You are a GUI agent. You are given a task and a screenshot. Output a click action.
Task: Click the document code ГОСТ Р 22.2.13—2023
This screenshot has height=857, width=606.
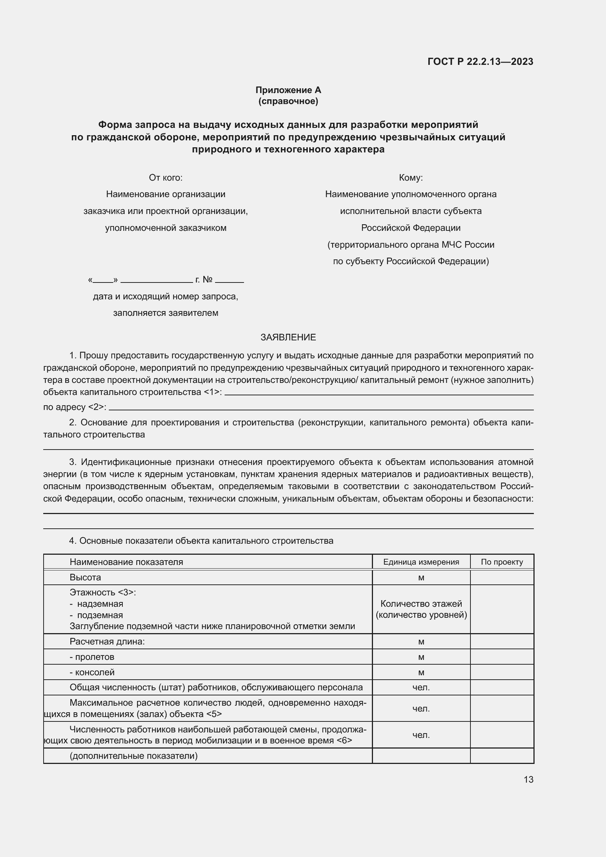[480, 62]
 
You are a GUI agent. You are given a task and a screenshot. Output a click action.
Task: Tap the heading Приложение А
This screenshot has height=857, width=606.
[288, 90]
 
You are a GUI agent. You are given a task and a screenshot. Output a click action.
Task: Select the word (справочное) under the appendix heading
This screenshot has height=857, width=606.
[288, 101]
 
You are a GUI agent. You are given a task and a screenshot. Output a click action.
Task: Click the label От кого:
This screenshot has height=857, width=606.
[166, 178]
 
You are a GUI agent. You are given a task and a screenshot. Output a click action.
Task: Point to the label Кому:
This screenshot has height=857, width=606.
[410, 178]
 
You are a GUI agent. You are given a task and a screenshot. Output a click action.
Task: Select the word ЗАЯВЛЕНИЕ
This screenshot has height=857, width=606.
[288, 337]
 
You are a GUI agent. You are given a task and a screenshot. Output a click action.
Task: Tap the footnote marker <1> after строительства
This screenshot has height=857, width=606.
[211, 392]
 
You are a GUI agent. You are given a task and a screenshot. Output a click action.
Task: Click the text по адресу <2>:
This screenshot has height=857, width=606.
[75, 407]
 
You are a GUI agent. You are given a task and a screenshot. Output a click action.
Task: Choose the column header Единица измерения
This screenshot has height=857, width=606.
[421, 562]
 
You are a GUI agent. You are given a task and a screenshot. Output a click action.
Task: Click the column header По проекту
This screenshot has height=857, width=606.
[502, 562]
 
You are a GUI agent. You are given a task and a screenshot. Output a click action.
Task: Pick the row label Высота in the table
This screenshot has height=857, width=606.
[85, 577]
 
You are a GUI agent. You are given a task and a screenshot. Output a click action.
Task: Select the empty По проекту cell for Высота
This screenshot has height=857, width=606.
[502, 577]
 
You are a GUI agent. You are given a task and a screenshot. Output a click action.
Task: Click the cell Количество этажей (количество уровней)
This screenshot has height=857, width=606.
[421, 609]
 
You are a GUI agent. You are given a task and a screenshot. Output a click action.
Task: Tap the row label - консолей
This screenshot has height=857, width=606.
[92, 672]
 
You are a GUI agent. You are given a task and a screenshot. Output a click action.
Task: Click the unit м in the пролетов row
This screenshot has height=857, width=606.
[421, 657]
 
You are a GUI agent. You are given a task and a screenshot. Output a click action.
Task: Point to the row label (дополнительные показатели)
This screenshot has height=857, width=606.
[134, 756]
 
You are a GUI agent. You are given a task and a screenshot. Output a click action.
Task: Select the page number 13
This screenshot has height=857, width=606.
[528, 780]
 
